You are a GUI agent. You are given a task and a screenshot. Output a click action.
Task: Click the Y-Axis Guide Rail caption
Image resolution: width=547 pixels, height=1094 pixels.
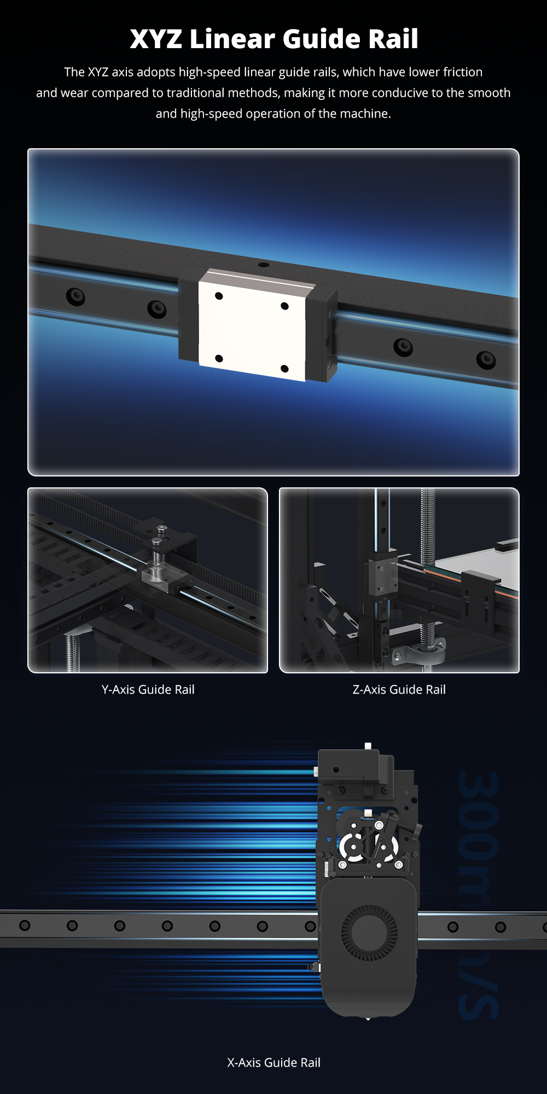[148, 689]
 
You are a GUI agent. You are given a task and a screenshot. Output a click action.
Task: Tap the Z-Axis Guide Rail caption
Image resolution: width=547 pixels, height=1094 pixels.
[399, 689]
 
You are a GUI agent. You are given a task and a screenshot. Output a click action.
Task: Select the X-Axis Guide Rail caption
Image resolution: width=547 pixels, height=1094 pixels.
[273, 1062]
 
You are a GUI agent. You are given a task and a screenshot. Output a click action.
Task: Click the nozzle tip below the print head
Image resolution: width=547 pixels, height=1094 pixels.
[368, 1019]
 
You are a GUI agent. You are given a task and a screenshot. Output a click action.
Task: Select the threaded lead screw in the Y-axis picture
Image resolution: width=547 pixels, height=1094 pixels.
[72, 653]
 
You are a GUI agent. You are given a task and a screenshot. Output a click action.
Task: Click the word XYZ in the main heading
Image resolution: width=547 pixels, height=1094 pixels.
[156, 39]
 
